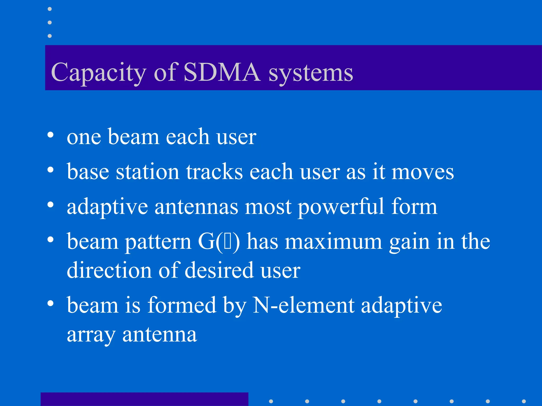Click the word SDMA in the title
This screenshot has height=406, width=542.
tap(222, 72)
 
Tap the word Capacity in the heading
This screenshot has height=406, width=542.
tap(98, 73)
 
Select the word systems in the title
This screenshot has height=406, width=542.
tap(311, 73)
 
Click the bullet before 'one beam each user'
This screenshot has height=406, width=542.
tap(50, 135)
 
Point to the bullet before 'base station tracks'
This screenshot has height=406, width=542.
tap(50, 170)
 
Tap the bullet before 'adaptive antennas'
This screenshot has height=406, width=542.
tap(50, 205)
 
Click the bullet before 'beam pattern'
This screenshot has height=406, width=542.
tap(50, 240)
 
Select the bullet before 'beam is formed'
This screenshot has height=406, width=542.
tap(50, 303)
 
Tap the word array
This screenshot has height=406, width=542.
tap(91, 335)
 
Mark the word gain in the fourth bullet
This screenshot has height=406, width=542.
tap(409, 242)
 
